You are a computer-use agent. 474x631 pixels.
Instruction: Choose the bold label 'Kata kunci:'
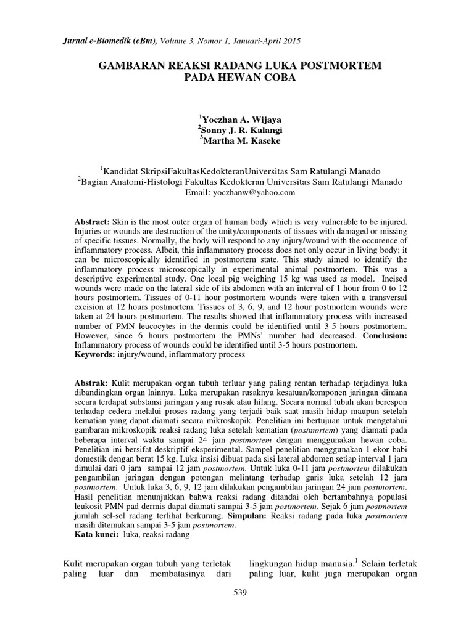pyautogui.click(x=97, y=535)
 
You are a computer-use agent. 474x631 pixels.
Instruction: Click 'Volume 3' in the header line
pyautogui.click(x=178, y=40)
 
